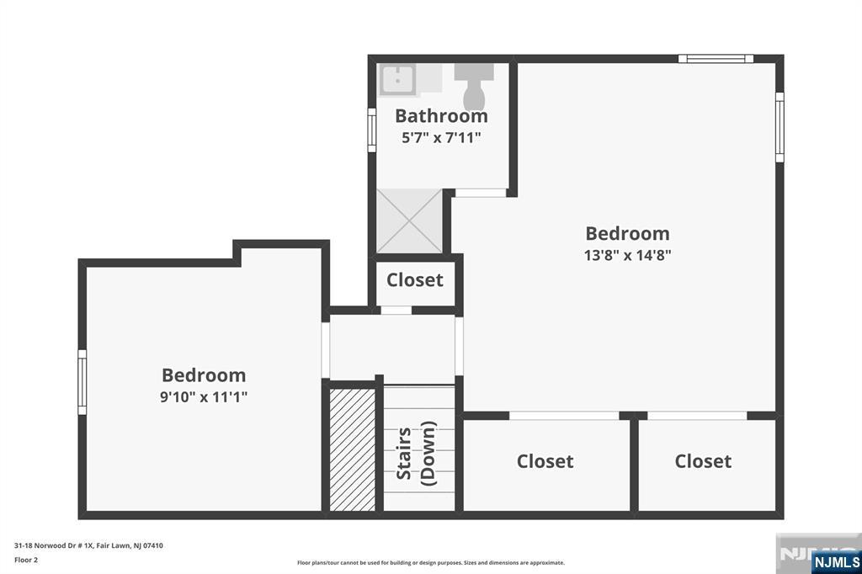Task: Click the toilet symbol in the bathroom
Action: point(473,87)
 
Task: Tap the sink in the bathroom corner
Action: point(397,79)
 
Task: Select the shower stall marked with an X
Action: point(410,221)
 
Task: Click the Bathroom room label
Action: point(441,116)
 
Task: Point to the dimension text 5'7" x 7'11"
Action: point(441,137)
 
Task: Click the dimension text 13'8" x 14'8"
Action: point(627,255)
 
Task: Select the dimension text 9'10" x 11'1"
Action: point(204,396)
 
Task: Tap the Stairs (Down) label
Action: point(416,453)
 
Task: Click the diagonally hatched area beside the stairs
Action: point(353,449)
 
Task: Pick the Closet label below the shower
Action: point(414,280)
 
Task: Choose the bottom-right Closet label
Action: point(703,460)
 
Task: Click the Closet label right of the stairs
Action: point(545,460)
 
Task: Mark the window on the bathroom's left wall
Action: point(372,130)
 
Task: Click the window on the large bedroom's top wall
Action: point(716,58)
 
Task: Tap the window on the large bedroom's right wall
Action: point(780,127)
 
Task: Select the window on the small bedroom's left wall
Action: point(82,382)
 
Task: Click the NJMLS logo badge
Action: point(836,561)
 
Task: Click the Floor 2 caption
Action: point(26,560)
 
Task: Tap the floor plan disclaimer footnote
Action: point(431,562)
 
